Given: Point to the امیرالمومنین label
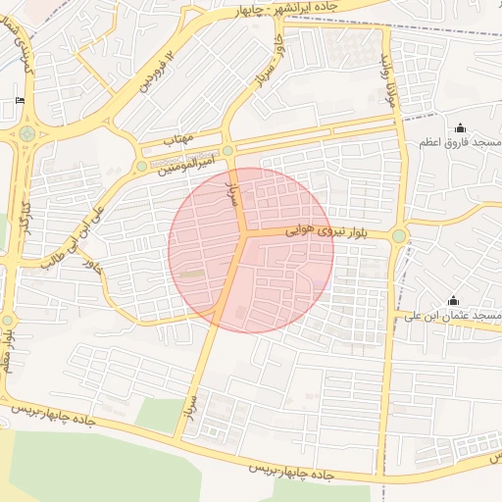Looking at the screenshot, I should (187, 160).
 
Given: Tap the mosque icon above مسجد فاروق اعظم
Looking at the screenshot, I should (460, 127).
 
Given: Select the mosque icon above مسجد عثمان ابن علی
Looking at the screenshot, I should (453, 300).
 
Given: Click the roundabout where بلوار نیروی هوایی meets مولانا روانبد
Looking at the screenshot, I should (399, 235).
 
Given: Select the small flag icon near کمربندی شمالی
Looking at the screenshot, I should (20, 101).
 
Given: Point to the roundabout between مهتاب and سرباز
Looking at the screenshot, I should (227, 150).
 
